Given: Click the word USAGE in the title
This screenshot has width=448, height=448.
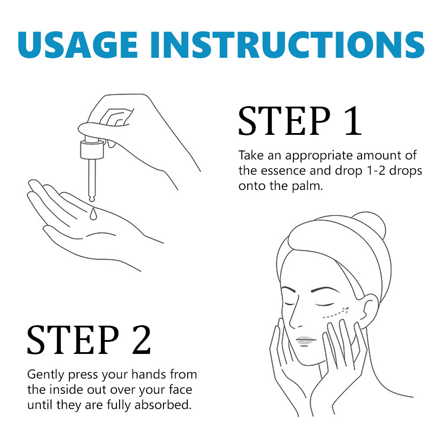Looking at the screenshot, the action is pyautogui.click(x=78, y=44).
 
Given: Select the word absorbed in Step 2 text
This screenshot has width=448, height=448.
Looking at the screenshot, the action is pyautogui.click(x=163, y=405).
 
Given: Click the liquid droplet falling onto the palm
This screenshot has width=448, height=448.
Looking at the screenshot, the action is pyautogui.click(x=93, y=214).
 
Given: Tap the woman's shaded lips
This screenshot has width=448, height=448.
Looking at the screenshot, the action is pyautogui.click(x=306, y=340).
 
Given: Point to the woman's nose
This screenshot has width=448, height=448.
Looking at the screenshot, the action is pyautogui.click(x=294, y=314).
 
